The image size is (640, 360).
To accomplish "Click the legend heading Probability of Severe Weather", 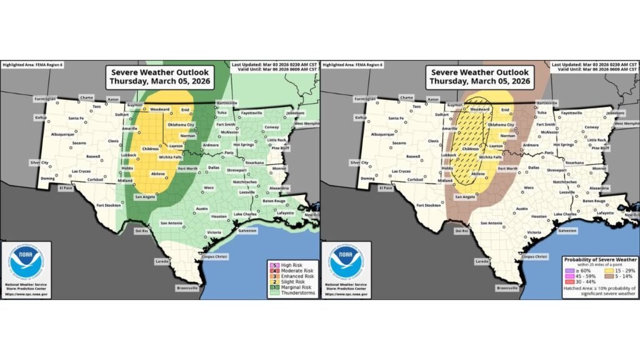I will point(600,259).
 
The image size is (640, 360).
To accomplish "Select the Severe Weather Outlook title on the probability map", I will point(479,76).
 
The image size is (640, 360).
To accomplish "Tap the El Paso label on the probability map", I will point(386,187).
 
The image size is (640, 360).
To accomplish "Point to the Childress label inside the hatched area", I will point(471,149).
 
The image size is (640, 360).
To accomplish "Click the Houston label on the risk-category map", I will point(219,216).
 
